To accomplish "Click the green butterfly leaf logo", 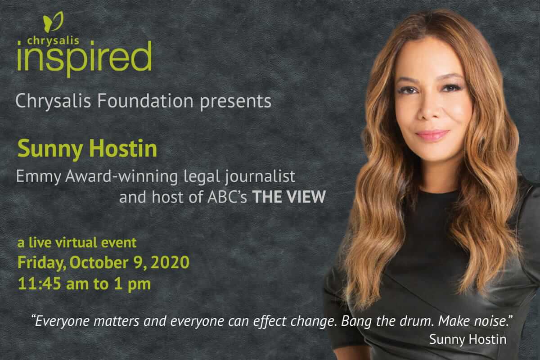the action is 53,21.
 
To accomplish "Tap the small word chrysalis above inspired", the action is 53,40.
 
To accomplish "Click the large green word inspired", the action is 85,58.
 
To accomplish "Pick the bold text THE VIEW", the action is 289,197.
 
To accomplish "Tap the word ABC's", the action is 227,197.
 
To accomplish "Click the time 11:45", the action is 40,284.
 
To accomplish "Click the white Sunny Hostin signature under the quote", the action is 468,339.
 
